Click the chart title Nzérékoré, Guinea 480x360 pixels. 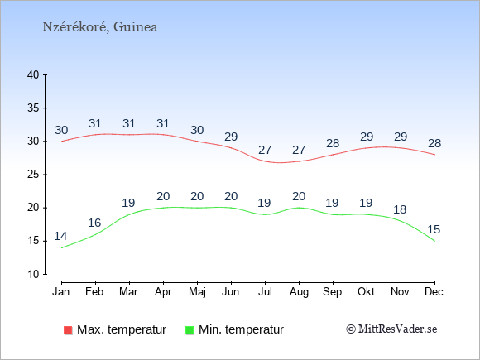[100, 27]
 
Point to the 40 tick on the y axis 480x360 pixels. [33, 74]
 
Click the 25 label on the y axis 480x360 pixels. [33, 175]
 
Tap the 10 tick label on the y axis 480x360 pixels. [33, 274]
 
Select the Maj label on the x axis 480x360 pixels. [197, 292]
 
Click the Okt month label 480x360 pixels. [366, 292]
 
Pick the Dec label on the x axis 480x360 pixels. [434, 292]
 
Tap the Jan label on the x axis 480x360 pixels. [61, 292]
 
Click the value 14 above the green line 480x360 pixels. [60, 237]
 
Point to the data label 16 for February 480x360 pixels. [94, 223]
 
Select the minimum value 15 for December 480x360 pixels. [434, 229]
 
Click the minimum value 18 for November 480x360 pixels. [400, 209]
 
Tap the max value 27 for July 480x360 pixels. [265, 150]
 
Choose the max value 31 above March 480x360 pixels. [129, 123]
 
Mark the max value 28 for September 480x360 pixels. [333, 143]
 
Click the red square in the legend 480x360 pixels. [68, 330]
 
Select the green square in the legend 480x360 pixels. [190, 330]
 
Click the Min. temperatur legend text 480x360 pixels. [241, 329]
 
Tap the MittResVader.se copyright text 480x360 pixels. [391, 329]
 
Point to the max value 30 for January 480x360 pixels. [61, 130]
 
